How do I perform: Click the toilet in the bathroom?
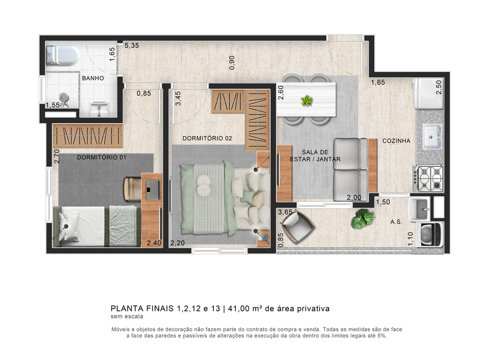pos(63,55)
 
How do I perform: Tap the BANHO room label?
pos(93,78)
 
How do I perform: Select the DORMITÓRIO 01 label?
pos(101,157)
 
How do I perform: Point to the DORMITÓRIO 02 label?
pos(207,138)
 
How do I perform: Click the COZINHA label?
pos(396,141)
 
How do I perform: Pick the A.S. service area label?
pos(396,222)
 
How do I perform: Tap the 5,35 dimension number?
pos(132,46)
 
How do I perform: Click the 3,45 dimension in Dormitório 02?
pos(178,98)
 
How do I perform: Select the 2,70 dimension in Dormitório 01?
pos(56,156)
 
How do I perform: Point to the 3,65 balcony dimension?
pos(285,212)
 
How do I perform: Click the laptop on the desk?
pos(152,189)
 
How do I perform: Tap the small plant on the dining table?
pos(307,100)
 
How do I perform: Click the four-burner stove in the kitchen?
pos(428,179)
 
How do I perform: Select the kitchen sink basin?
pos(432,136)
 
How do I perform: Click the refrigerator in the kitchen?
pos(428,94)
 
